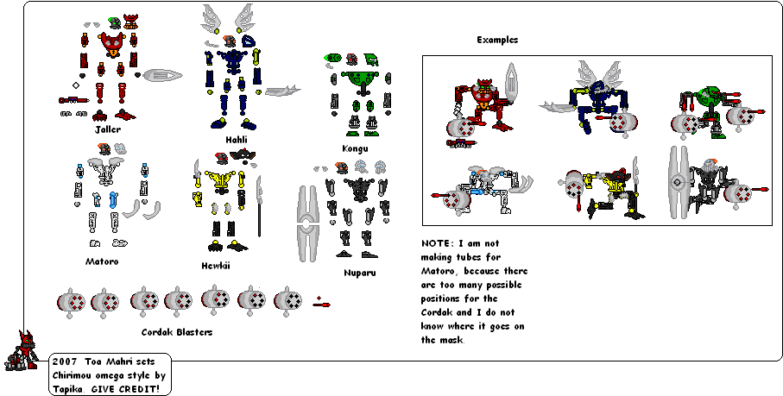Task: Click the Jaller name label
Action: (x=109, y=129)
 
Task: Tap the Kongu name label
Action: (x=355, y=148)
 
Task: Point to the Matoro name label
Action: (x=102, y=261)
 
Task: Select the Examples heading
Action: (x=497, y=40)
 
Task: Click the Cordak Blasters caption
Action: (x=176, y=331)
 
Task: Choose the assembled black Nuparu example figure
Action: (x=708, y=183)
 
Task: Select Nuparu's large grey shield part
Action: (x=306, y=223)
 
